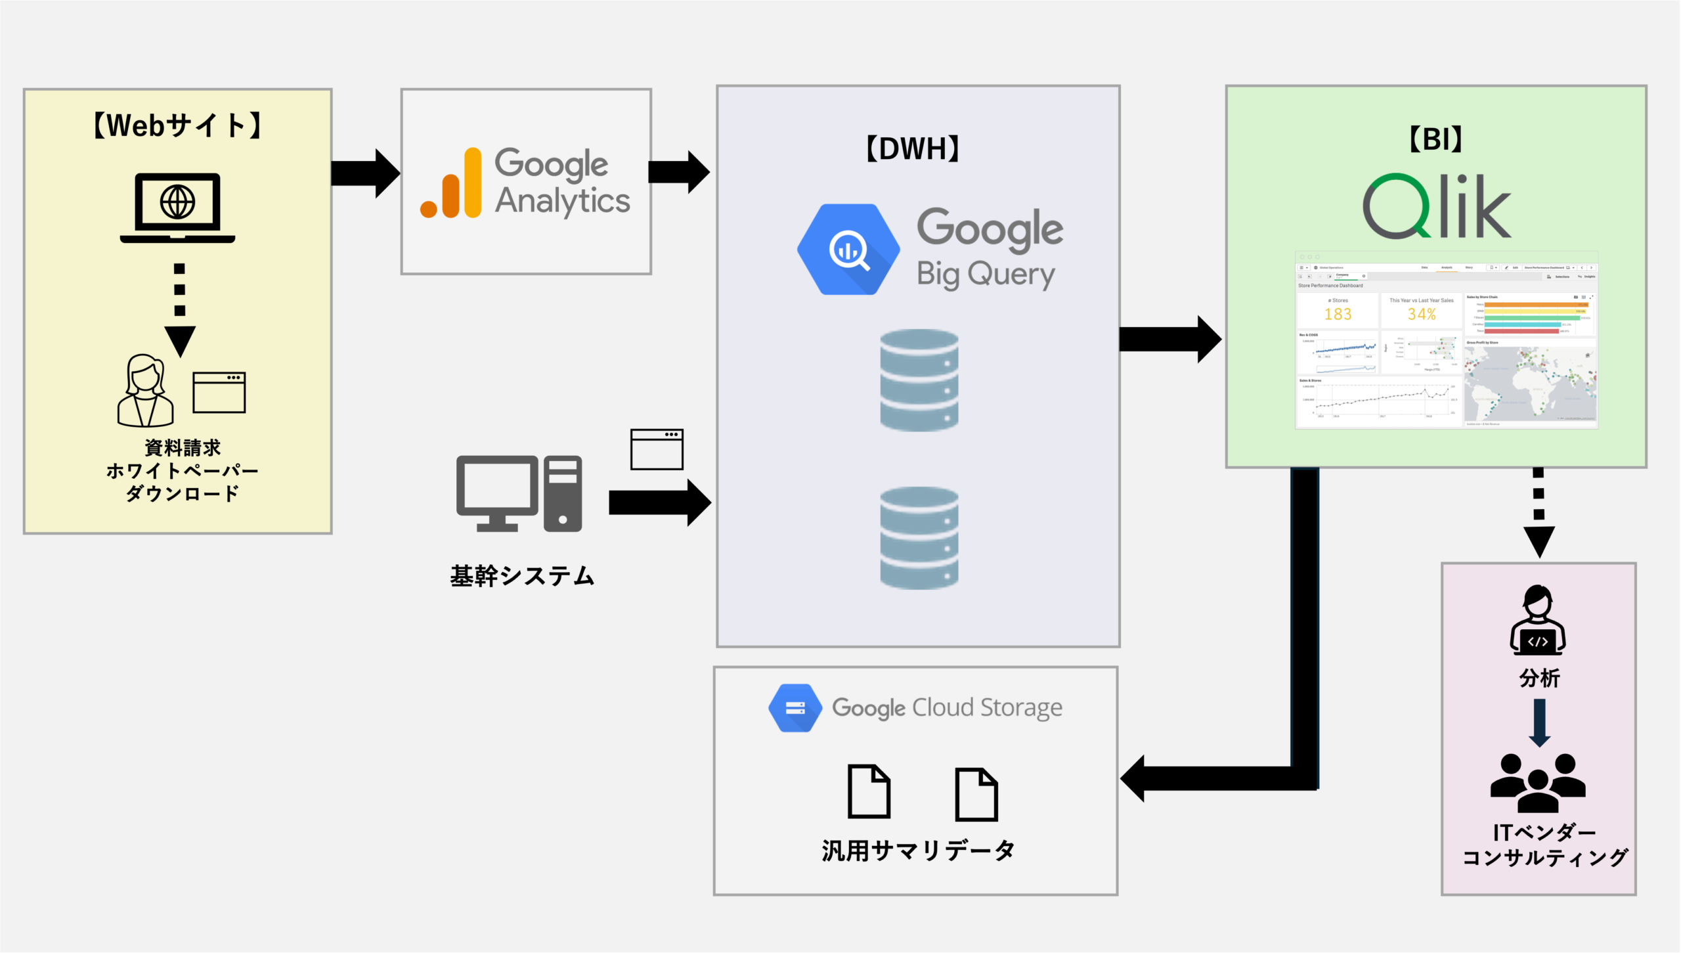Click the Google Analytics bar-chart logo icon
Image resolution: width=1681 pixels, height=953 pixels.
pos(451,183)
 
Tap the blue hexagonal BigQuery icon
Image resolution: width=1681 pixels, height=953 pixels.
pos(848,250)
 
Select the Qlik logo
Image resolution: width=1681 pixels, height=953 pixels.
pos(1436,206)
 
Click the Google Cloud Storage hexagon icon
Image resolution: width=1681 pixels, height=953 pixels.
pos(795,708)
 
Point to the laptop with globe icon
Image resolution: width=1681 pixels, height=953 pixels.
pos(177,208)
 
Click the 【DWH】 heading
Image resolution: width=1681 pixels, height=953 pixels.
pos(913,149)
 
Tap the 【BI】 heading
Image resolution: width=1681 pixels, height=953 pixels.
pos(1436,139)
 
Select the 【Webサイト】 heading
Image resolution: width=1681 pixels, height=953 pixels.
pos(177,125)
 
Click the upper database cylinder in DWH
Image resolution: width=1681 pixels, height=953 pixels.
pos(919,380)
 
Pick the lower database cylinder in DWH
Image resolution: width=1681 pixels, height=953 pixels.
pos(919,538)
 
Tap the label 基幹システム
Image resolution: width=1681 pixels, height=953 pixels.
pos(522,576)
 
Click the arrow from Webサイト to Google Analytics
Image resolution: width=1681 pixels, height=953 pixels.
pos(364,173)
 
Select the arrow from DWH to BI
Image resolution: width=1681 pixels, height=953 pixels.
pos(1169,340)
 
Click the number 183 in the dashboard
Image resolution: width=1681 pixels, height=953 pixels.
pos(1338,315)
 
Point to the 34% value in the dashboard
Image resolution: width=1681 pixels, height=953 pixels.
pos(1422,315)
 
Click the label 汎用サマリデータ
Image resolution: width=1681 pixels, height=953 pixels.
pos(918,851)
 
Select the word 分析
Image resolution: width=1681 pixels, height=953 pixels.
pos(1539,678)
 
